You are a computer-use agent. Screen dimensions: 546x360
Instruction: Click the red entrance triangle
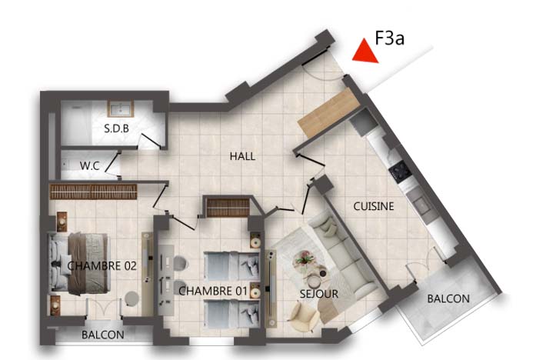(365, 53)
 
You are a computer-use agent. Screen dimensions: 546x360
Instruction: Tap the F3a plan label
(389, 38)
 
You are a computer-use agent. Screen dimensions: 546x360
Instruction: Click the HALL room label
(243, 156)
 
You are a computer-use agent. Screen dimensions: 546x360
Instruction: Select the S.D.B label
(116, 128)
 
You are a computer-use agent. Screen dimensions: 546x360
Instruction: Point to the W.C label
(89, 165)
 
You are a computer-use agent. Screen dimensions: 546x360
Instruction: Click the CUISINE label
(374, 206)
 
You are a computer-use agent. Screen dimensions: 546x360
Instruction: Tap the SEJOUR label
(319, 294)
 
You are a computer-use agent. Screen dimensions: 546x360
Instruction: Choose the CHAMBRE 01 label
(213, 291)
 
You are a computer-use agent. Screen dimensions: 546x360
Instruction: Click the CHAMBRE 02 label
(102, 266)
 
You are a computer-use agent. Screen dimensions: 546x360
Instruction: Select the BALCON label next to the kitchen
(448, 298)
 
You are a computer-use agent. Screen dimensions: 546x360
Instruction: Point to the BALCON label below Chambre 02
(103, 335)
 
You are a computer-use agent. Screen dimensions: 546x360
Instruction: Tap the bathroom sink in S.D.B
(121, 109)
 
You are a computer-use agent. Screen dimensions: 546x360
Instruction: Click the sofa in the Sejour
(344, 256)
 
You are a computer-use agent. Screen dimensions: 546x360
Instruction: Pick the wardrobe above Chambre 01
(228, 208)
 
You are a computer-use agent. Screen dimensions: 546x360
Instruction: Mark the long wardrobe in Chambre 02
(93, 192)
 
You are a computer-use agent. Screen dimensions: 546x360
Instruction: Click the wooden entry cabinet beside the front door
(328, 112)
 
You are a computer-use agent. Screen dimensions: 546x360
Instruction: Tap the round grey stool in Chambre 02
(132, 298)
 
